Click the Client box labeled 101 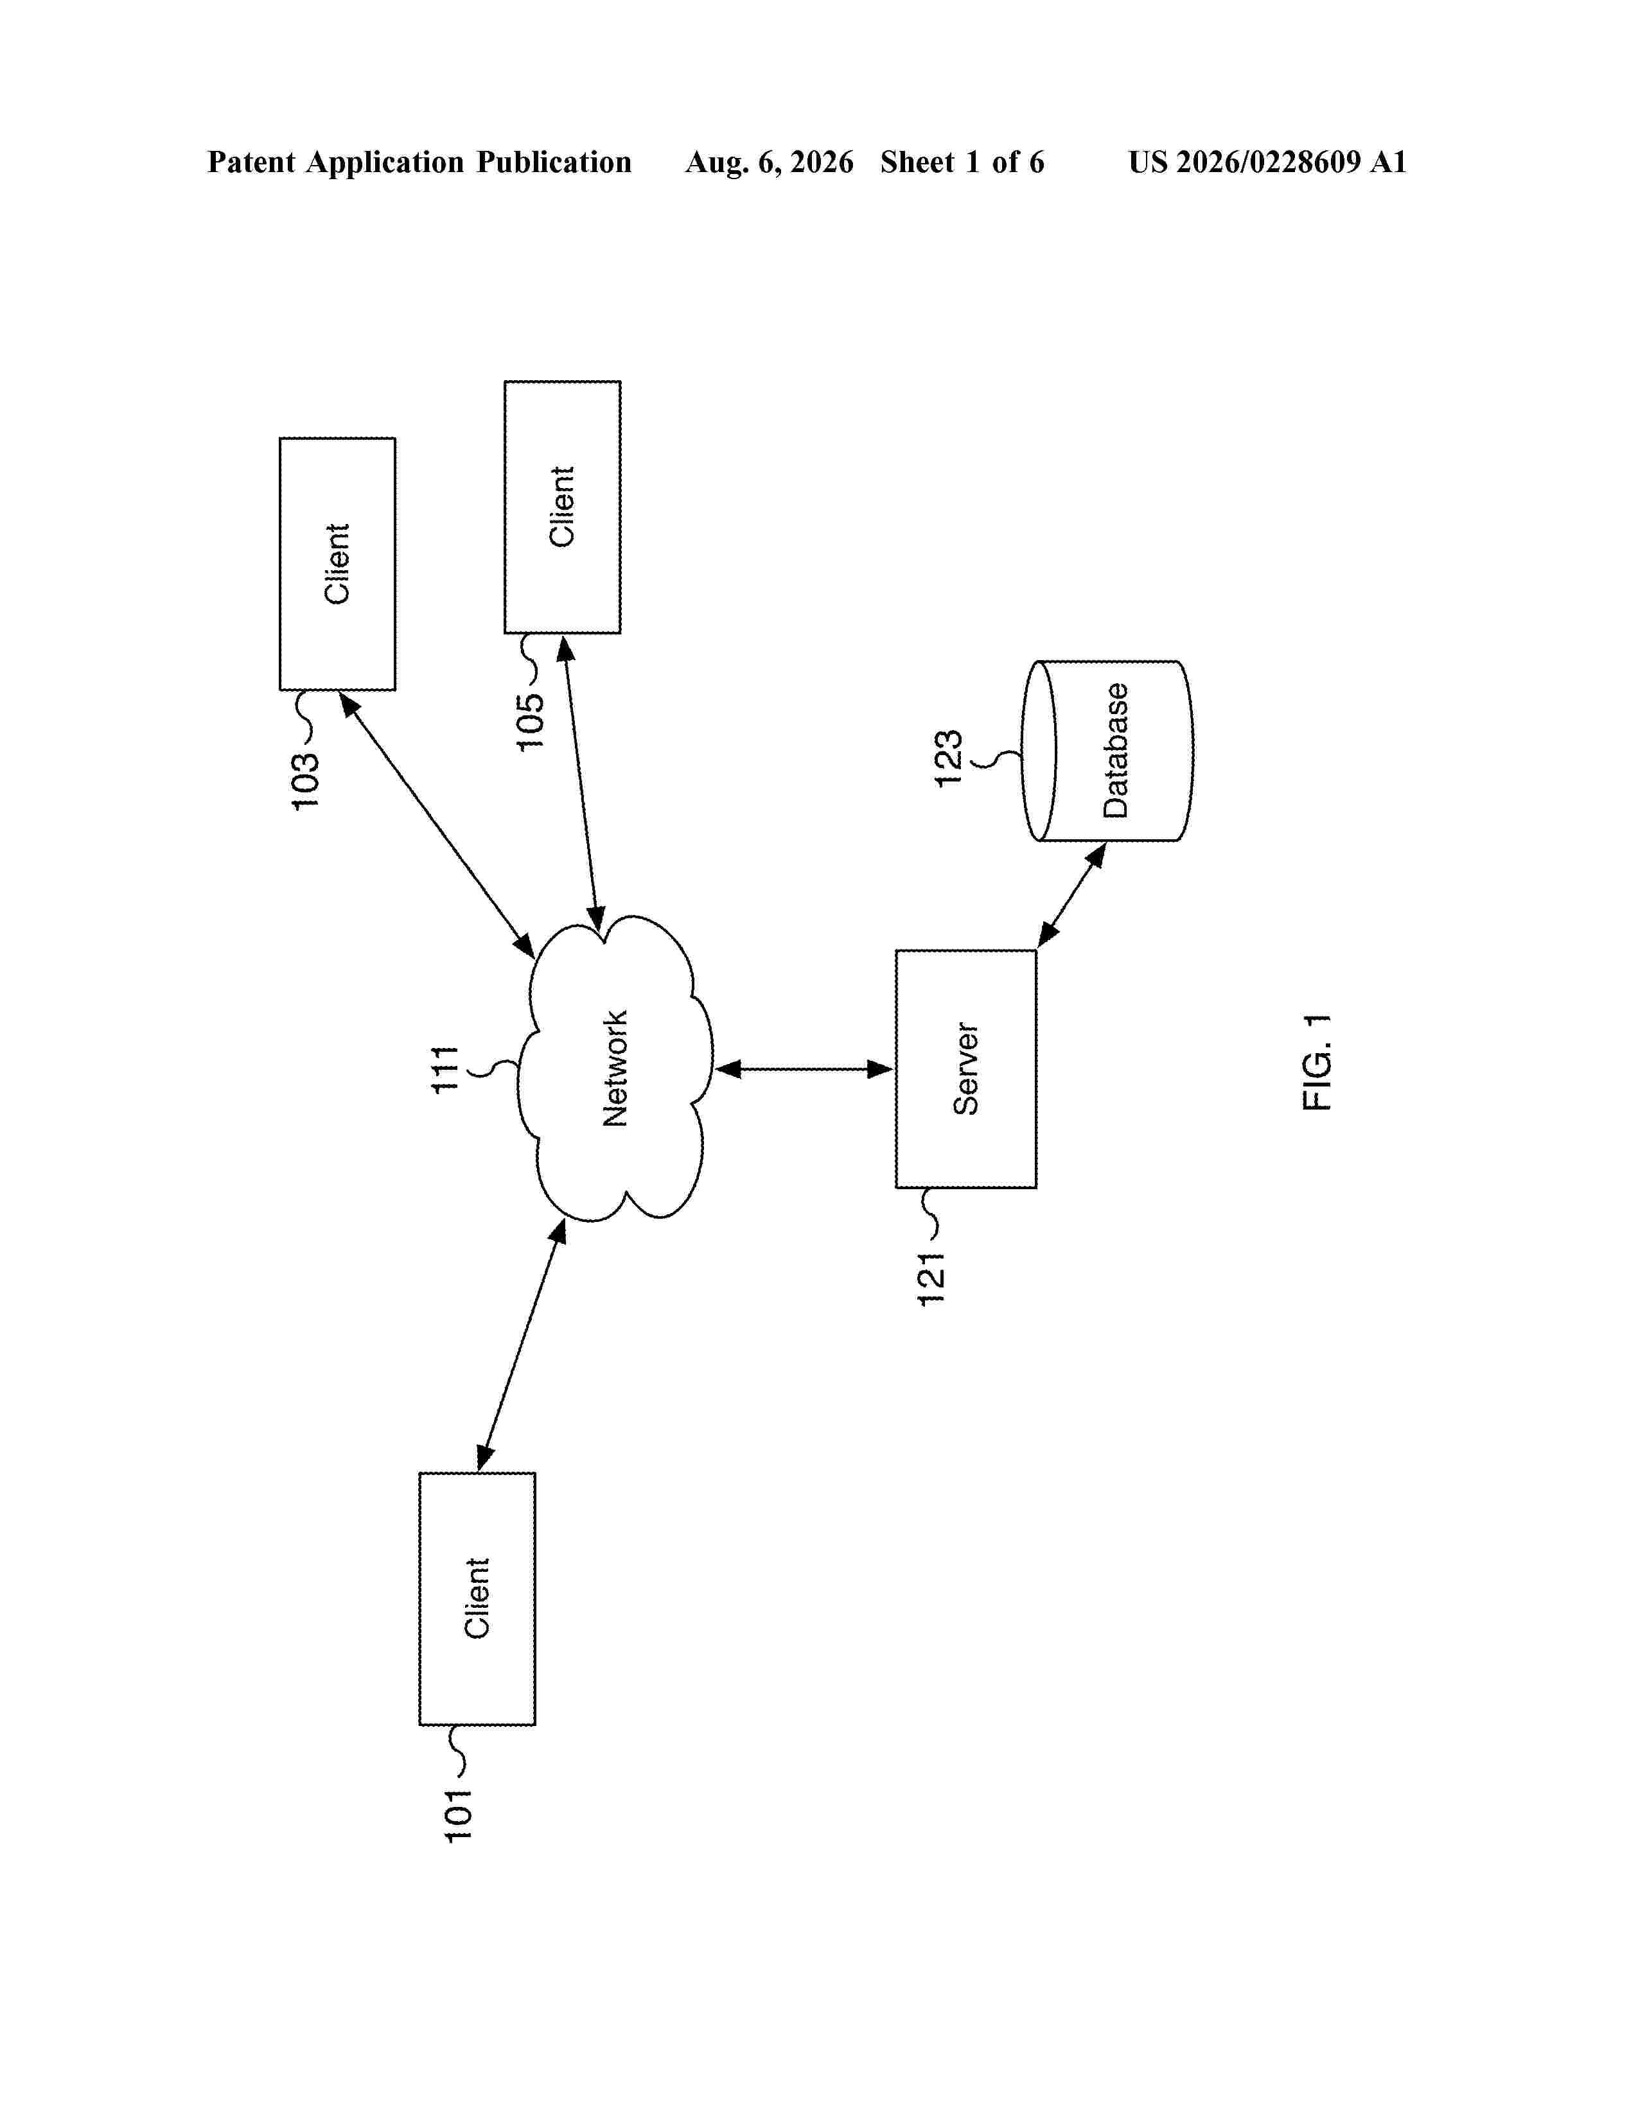[477, 1598]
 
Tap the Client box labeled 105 [563, 507]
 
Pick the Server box [965, 1068]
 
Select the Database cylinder [1107, 750]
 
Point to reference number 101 [457, 1815]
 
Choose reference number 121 [931, 1278]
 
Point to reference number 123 [948, 758]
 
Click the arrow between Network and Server [804, 1069]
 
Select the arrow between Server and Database [1071, 894]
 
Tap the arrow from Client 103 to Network [437, 824]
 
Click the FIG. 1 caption [1317, 1063]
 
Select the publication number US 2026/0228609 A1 [1267, 162]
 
